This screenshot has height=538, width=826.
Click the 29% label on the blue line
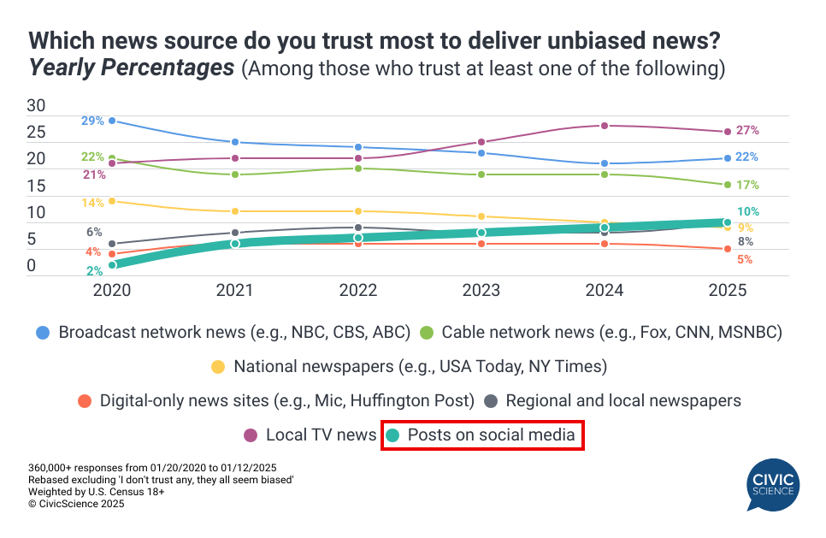click(x=93, y=121)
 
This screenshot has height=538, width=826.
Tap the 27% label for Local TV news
click(x=747, y=131)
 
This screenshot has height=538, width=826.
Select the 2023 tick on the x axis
click(x=481, y=290)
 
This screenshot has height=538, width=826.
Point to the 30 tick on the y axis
click(x=36, y=106)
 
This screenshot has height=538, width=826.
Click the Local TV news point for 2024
click(x=605, y=126)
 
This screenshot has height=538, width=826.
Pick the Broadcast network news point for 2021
click(x=234, y=142)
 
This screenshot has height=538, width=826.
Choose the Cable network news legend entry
click(x=603, y=332)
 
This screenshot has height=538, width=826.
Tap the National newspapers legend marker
click(x=219, y=366)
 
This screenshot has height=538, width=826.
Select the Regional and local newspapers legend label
click(x=623, y=400)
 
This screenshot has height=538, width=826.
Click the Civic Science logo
click(x=771, y=484)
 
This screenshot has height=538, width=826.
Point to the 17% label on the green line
click(x=747, y=185)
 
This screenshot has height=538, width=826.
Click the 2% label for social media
click(x=94, y=270)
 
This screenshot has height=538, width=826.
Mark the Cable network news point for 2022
click(x=358, y=168)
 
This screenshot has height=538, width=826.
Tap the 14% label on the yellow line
click(x=93, y=203)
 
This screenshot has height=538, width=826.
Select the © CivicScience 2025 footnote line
click(x=76, y=505)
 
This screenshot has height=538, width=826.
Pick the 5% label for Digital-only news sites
click(x=744, y=259)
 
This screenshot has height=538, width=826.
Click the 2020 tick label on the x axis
click(x=111, y=290)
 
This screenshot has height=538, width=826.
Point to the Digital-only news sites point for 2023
click(x=481, y=244)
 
